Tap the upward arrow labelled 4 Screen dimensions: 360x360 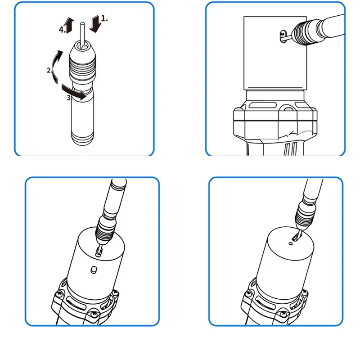(x=69, y=25)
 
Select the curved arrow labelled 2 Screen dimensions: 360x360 (x=56, y=67)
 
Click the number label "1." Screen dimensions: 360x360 (x=104, y=18)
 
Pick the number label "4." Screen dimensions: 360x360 (x=62, y=30)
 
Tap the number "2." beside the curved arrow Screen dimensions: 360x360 (x=49, y=70)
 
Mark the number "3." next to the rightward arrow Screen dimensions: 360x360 (x=69, y=98)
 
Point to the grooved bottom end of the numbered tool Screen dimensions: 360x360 (x=82, y=138)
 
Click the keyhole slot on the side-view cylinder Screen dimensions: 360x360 (x=283, y=36)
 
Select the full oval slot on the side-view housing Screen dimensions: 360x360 (x=262, y=105)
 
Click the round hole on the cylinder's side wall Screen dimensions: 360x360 (x=94, y=270)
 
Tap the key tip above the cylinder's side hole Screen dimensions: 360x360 (x=99, y=252)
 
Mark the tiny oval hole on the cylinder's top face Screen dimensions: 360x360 (x=291, y=243)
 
